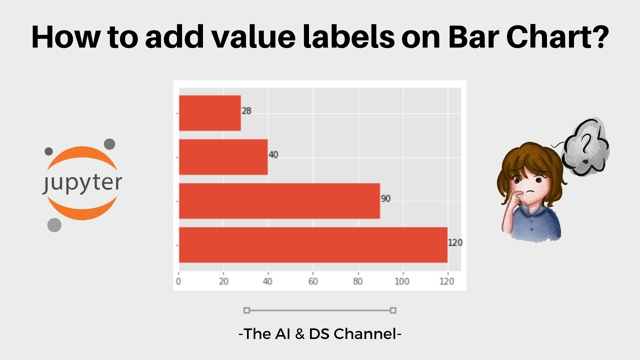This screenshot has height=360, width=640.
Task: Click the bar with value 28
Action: pos(210,113)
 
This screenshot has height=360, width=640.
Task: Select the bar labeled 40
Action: pos(223,157)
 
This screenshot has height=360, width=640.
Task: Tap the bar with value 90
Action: pos(279,201)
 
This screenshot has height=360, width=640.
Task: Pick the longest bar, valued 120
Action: pos(313,245)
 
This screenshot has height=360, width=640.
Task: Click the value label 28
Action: pos(246,111)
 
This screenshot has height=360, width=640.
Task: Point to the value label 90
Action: pos(385,199)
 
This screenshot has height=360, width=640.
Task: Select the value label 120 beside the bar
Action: pos(455,243)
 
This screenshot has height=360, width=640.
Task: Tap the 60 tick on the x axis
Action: pos(313,281)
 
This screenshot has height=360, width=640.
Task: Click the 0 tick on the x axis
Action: pos(178,281)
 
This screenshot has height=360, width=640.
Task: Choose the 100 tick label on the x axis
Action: pos(402,281)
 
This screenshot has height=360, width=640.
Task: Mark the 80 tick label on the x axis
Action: pos(358,281)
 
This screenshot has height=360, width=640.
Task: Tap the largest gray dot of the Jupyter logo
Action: pos(54,225)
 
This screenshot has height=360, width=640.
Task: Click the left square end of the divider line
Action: pos(246,310)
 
